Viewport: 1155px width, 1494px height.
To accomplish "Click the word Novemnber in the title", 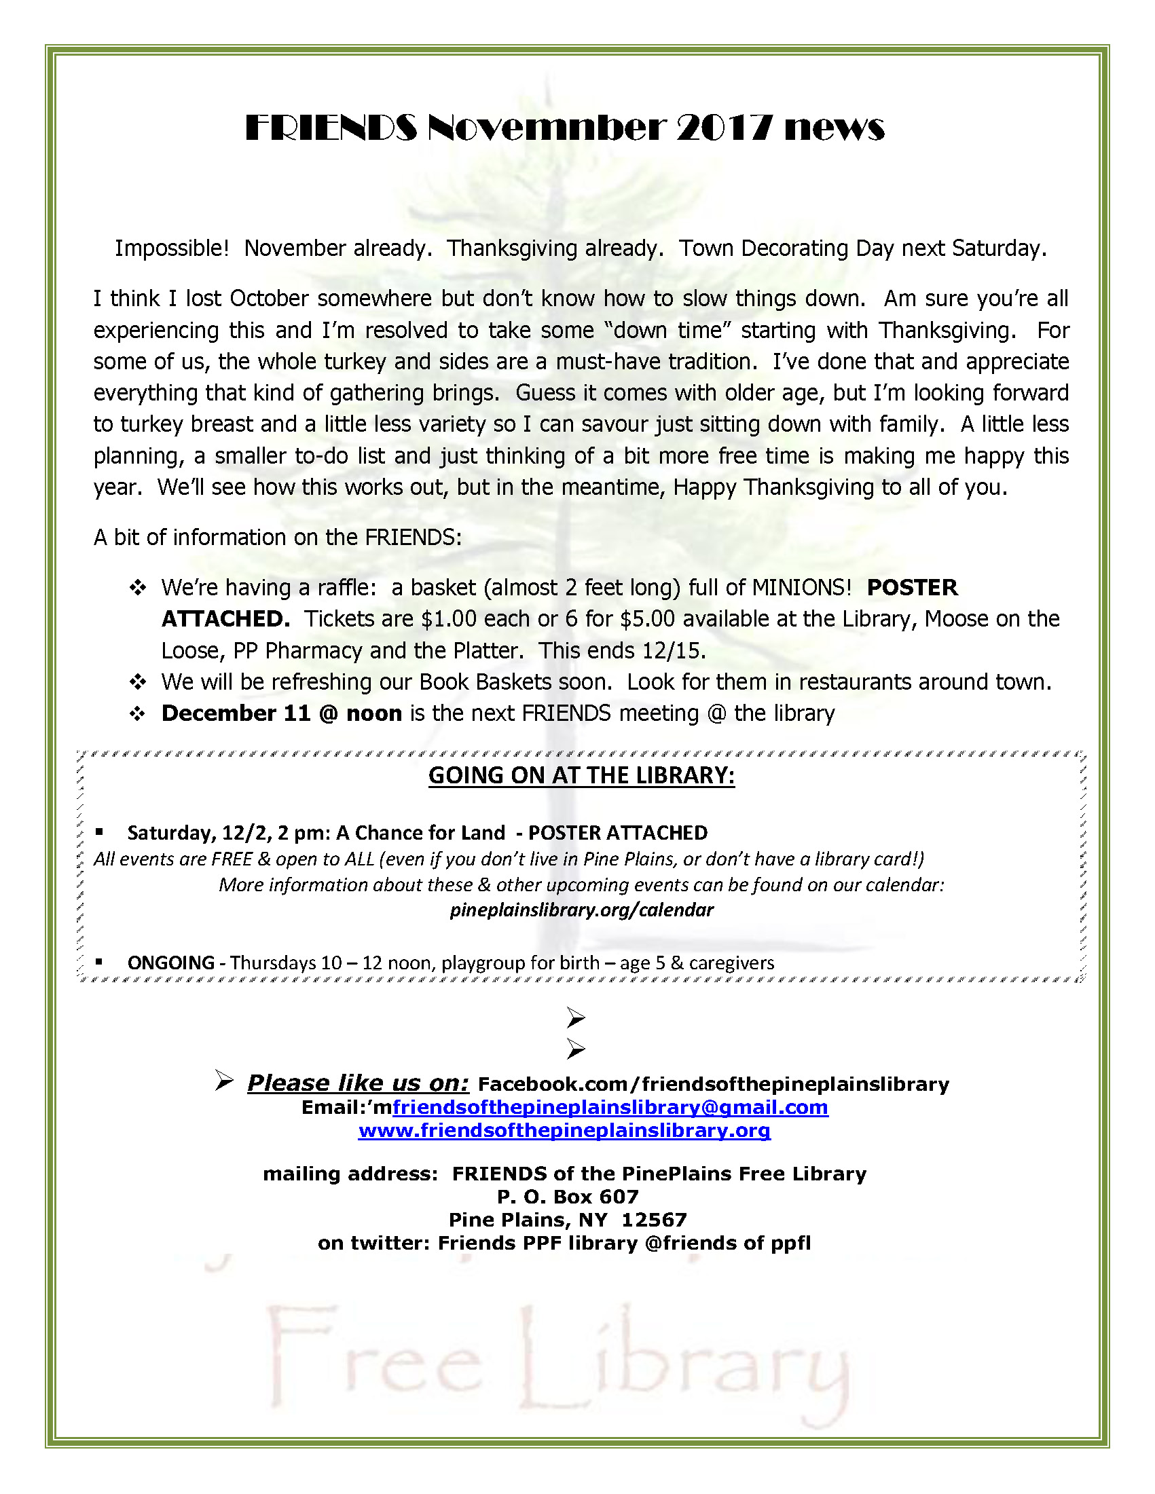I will tap(546, 128).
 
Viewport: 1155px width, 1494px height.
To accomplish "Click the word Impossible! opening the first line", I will tap(171, 248).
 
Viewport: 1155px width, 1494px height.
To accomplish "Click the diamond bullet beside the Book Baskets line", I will tap(138, 682).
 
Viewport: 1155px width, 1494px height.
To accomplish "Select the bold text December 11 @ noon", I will tap(281, 713).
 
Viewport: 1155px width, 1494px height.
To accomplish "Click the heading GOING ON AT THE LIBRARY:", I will tap(581, 776).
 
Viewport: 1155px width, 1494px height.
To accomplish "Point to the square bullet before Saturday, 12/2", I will tap(99, 832).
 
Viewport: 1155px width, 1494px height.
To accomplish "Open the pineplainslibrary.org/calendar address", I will tap(581, 910).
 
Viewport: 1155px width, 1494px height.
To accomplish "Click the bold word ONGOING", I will tap(170, 963).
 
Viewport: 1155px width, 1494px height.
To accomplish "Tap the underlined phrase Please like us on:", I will tap(358, 1083).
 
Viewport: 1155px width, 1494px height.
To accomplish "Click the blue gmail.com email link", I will tap(610, 1107).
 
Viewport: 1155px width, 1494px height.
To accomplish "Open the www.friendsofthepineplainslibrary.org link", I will tap(564, 1130).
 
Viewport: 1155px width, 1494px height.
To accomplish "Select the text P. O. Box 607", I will tap(567, 1197).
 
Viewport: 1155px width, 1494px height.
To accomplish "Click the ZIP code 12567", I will tap(653, 1220).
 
